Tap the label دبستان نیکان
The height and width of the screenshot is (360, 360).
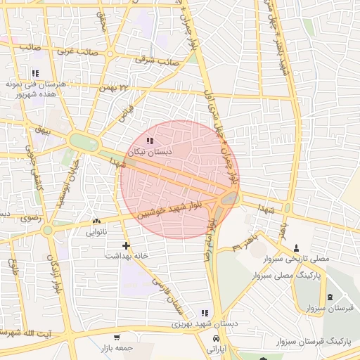tap(148, 152)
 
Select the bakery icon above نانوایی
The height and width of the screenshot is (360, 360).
tap(96, 221)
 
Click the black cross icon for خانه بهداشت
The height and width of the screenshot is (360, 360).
tap(126, 245)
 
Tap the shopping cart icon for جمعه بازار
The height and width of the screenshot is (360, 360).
tap(116, 338)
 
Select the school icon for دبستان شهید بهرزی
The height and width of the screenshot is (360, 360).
tap(205, 313)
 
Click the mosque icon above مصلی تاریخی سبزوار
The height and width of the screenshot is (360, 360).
tap(296, 248)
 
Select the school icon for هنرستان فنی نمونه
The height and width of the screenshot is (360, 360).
tap(35, 73)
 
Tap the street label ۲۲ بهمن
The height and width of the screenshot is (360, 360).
tap(115, 89)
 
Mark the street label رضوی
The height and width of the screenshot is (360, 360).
tap(30, 218)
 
